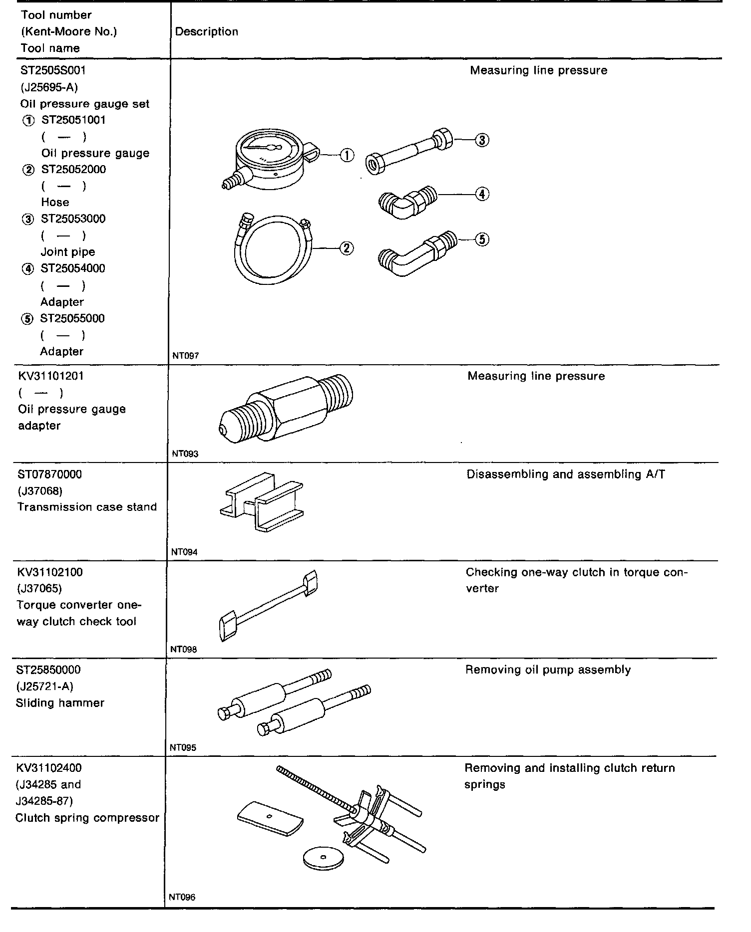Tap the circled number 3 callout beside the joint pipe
[x=481, y=140]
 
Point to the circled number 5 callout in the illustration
[x=481, y=239]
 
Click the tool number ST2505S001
[x=53, y=70]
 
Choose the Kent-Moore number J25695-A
[x=49, y=87]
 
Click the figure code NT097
[x=185, y=356]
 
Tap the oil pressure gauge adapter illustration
[x=286, y=408]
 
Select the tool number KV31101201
[x=51, y=376]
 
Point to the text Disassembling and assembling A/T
[x=566, y=474]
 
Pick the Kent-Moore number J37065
[x=39, y=588]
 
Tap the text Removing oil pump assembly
[x=548, y=670]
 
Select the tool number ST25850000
[x=48, y=670]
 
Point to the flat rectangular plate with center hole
[x=270, y=817]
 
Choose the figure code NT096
[x=182, y=897]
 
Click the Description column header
[x=207, y=32]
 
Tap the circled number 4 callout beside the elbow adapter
[x=481, y=194]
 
